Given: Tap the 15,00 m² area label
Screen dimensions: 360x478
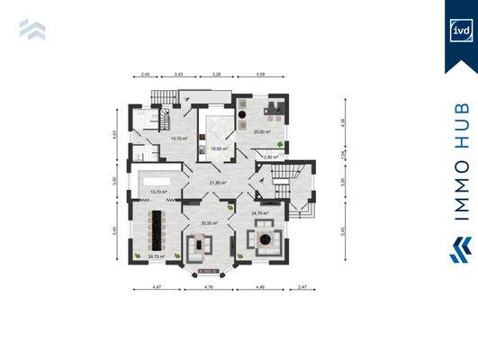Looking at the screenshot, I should point(218,148).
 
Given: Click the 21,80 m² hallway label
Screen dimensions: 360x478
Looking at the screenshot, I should point(218,182).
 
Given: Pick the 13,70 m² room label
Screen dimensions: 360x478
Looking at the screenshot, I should point(159,192).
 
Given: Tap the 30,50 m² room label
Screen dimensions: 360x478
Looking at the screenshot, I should point(210,222).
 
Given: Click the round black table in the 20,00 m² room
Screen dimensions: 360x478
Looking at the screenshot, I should point(246,116).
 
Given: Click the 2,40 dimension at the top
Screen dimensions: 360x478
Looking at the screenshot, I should point(145,74).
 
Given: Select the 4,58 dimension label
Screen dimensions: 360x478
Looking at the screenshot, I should point(261,74).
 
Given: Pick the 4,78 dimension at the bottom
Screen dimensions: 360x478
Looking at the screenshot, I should point(208,288).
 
